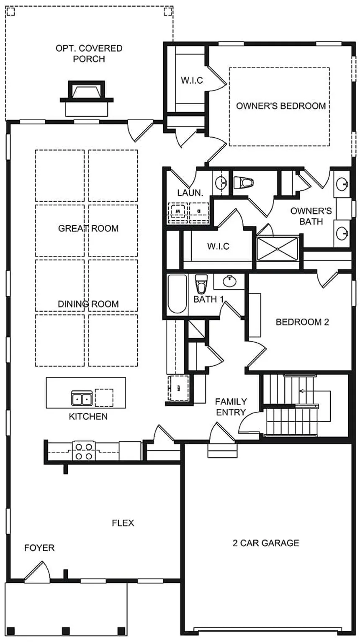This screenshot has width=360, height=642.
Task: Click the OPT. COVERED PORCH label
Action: pos(89,54)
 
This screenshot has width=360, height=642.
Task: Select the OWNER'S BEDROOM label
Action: pos(281,106)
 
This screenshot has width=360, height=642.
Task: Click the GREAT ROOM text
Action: pos(88,228)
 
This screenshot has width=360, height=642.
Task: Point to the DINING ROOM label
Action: pos(88,304)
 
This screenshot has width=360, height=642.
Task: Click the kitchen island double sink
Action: pos(82,399)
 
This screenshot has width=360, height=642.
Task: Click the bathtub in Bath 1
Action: pos(177,294)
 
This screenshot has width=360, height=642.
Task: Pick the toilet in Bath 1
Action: pos(202,285)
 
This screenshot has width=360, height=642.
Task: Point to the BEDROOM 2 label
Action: pos(302,322)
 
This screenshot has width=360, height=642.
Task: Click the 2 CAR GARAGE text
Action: pos(266,543)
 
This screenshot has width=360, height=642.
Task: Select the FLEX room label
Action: pos(123,523)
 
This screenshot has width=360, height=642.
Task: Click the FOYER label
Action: pos(39,548)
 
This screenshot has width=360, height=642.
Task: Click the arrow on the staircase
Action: pos(301,392)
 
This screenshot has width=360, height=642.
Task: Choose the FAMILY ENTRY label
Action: pos(231,407)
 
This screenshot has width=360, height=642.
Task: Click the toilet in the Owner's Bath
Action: pos(244,183)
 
